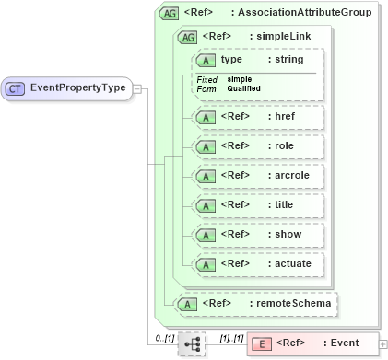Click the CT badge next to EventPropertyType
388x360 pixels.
click(16, 88)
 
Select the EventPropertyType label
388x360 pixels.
click(78, 88)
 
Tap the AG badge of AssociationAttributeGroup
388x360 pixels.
click(170, 13)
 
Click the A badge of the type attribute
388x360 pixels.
click(206, 60)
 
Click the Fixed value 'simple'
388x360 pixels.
click(240, 79)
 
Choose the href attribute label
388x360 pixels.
click(285, 117)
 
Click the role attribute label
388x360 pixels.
click(283, 146)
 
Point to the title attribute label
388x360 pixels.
click(284, 205)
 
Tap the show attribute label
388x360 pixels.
click(286, 235)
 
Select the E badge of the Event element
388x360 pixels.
click(262, 343)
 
